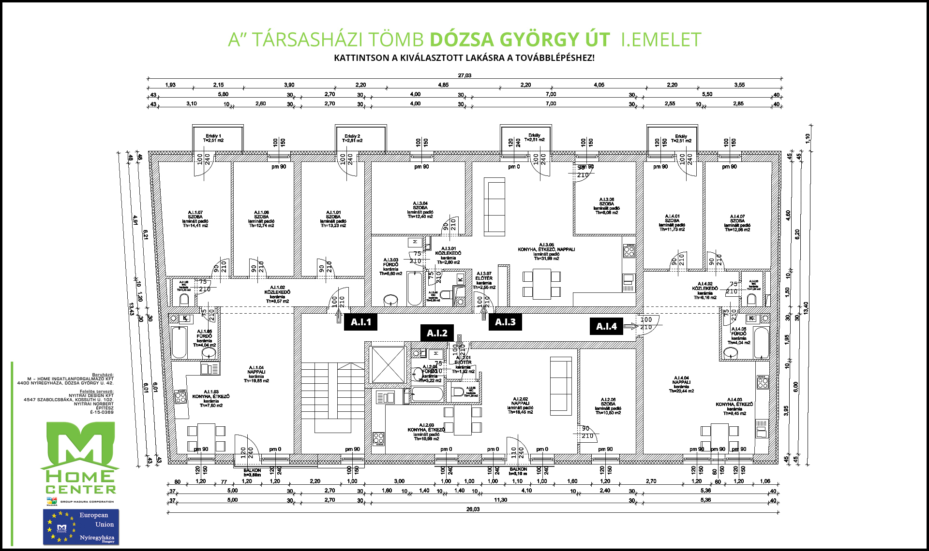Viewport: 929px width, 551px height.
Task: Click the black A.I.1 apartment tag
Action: point(360,322)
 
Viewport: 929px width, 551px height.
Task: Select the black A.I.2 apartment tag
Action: point(437,333)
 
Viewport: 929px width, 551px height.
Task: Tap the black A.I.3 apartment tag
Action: point(505,322)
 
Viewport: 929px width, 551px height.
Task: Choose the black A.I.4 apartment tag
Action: point(606,327)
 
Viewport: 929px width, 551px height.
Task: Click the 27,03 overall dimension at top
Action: point(464,75)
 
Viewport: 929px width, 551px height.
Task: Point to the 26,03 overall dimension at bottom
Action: point(473,509)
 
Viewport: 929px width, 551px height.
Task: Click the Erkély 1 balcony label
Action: point(213,138)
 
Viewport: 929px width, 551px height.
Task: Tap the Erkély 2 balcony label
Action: point(352,138)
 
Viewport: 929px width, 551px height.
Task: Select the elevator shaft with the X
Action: point(388,364)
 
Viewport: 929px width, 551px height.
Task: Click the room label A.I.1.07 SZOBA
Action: point(195,219)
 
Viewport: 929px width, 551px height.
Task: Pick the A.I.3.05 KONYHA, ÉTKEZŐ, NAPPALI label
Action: point(546,251)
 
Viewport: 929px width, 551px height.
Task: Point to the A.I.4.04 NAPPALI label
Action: point(681,384)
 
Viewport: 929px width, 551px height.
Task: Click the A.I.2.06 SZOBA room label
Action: point(608,406)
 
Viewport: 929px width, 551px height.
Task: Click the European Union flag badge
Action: point(81,527)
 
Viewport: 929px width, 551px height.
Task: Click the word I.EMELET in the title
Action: point(661,40)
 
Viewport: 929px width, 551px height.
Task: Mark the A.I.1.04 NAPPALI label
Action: point(256,374)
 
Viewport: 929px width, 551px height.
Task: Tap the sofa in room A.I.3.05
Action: point(494,206)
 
